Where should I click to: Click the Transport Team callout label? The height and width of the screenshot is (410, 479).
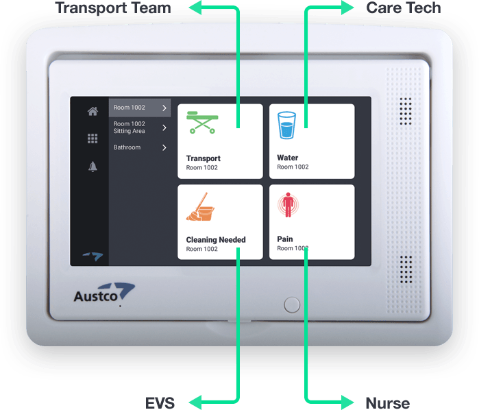click(113, 8)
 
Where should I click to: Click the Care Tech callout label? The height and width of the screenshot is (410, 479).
click(404, 8)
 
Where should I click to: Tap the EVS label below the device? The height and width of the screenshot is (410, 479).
click(160, 402)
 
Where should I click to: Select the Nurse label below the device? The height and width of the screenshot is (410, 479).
click(388, 402)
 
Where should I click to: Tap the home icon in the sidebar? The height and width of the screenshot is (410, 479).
click(93, 111)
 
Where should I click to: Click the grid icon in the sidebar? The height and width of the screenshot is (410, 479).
click(93, 138)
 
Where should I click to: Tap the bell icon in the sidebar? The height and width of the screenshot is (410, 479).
click(93, 167)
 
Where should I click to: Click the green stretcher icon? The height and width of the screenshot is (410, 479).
click(203, 122)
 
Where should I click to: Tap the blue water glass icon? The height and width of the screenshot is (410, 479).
click(286, 125)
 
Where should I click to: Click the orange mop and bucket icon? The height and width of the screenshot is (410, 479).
click(200, 206)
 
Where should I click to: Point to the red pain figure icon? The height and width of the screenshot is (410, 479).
click(288, 204)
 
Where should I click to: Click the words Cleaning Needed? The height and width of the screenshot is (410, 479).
click(216, 240)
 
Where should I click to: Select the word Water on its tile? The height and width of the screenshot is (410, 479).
click(287, 158)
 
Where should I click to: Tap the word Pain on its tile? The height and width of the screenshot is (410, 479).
click(285, 239)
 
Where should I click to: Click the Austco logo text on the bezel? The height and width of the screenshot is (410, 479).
click(96, 297)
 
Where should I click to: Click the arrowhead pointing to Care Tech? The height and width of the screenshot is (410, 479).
click(347, 8)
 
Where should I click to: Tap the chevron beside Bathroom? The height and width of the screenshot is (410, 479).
click(164, 147)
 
